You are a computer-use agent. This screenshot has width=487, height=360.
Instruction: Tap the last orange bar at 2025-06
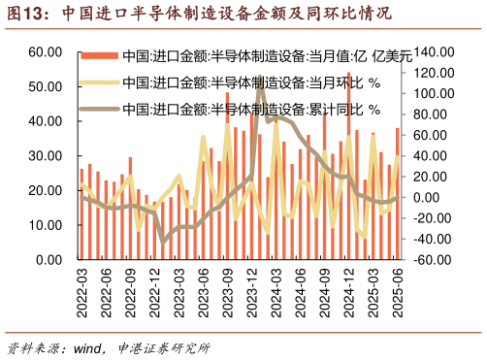[x=397, y=194]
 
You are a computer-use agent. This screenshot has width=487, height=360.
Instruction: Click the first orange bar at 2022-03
[x=81, y=214]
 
